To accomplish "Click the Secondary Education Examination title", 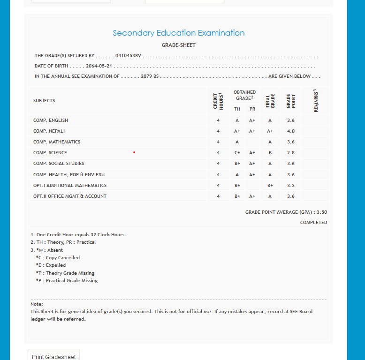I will (179, 33).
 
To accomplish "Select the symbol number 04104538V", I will (128, 56).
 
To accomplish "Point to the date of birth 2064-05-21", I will (99, 66).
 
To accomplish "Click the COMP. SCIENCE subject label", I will (50, 153).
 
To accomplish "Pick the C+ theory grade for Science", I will (237, 153).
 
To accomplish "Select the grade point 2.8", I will (291, 153).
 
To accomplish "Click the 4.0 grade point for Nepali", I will (291, 131).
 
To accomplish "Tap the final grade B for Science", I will (270, 153).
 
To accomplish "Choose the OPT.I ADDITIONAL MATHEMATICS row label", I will (70, 186).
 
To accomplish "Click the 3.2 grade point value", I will (291, 186).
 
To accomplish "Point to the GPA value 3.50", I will (322, 212).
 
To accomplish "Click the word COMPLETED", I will (313, 223).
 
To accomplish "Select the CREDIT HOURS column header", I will (218, 101).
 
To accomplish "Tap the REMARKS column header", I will (316, 101).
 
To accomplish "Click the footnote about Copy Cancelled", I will (58, 258).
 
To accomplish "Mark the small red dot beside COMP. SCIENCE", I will (134, 152).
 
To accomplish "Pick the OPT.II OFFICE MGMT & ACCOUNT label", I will (70, 196).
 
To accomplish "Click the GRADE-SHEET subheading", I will (179, 45).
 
